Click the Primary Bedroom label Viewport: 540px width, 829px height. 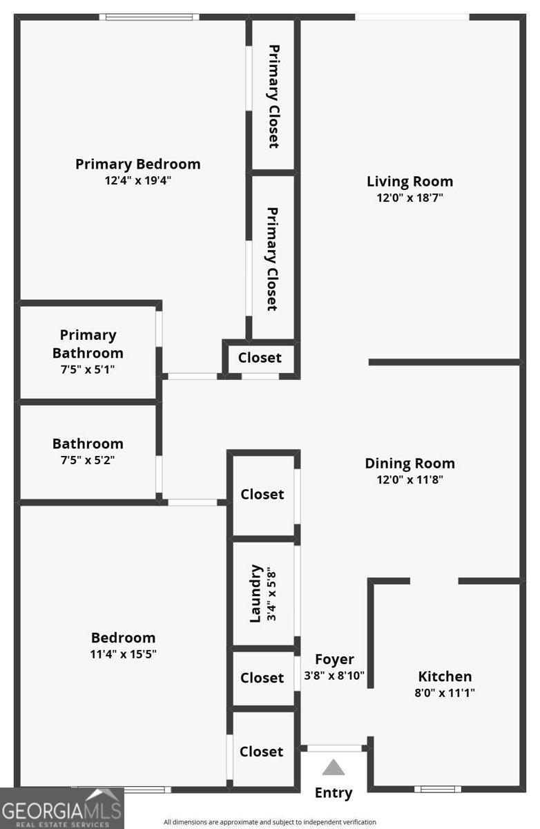point(137,164)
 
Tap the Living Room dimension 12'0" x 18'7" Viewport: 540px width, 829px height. point(409,198)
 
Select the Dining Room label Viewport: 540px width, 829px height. point(409,464)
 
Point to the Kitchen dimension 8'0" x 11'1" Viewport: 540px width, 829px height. point(445,693)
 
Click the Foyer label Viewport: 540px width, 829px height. point(334,659)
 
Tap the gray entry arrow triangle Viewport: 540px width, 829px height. point(334,768)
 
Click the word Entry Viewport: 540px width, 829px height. point(334,793)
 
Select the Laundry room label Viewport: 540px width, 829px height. point(256,593)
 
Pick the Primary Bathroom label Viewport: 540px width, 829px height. point(88,343)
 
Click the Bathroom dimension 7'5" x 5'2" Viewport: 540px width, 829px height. point(88,460)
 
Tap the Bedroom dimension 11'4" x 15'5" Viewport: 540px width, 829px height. point(123,654)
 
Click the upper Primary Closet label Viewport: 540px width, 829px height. point(273,97)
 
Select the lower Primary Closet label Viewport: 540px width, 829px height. point(272,259)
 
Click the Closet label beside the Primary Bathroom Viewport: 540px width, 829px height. point(260,358)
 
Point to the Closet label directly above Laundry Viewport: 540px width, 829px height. point(262,495)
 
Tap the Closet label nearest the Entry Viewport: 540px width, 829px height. point(262,752)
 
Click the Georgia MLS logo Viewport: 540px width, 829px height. point(61,808)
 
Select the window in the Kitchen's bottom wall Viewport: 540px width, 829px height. point(437,789)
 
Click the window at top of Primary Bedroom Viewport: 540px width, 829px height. point(149,17)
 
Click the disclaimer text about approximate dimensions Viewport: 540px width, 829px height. point(270,822)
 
